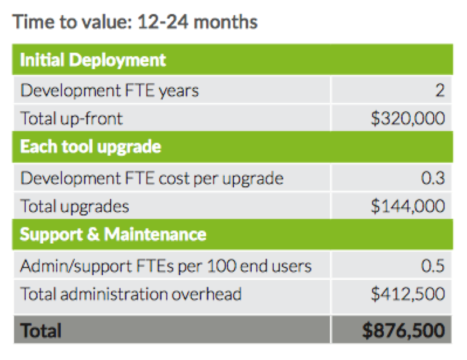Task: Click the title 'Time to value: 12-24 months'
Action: (135, 22)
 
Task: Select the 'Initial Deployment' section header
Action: (93, 60)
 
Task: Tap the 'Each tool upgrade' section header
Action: (90, 147)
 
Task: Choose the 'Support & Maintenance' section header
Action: (113, 234)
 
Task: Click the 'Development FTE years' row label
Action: (109, 90)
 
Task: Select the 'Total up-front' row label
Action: (71, 119)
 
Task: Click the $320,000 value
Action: (409, 119)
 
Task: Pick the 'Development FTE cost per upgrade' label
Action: (152, 178)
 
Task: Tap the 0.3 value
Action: (433, 178)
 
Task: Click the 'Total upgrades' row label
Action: (75, 206)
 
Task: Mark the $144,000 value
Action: (409, 206)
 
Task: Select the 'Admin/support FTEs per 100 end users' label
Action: (165, 266)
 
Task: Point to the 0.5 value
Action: (433, 266)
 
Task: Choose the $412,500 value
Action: (409, 294)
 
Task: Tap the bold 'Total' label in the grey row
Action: (41, 330)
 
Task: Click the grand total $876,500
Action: (403, 330)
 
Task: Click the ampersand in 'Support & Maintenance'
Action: (93, 234)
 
